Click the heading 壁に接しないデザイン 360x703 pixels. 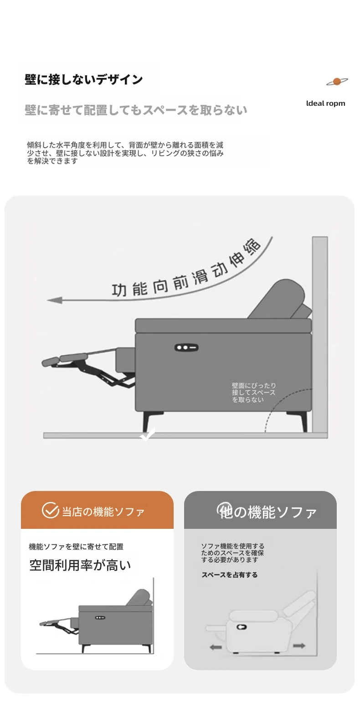[x=84, y=79]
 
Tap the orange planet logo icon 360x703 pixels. [x=337, y=82]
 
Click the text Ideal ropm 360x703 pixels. [x=325, y=103]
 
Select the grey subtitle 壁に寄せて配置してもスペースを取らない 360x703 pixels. [x=136, y=110]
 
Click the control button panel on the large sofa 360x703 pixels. [x=186, y=347]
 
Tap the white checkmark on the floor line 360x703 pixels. [x=148, y=434]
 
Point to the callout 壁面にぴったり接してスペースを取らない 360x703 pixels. [x=254, y=392]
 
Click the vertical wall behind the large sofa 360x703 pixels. [x=320, y=334]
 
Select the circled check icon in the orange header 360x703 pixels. [x=50, y=510]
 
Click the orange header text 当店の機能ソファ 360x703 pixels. [x=103, y=512]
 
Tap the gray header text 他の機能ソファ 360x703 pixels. [x=267, y=512]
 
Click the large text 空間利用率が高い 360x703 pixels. [x=80, y=565]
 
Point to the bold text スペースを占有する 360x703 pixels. [x=229, y=574]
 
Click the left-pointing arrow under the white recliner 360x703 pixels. [x=216, y=647]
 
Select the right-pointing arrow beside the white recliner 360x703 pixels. [x=299, y=646]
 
